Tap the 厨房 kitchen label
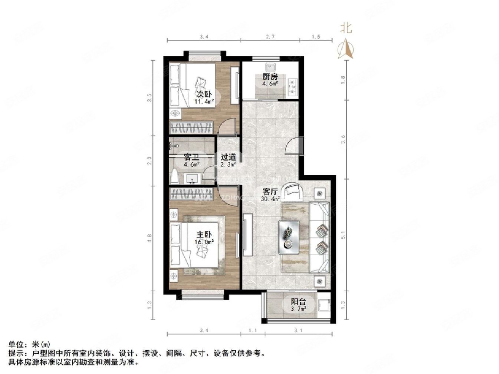click(270, 77)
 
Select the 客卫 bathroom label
click(192, 158)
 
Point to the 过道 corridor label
click(228, 158)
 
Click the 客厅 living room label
click(270, 192)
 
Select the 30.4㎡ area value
click(270, 199)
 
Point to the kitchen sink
click(270, 67)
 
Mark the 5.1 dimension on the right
click(343, 235)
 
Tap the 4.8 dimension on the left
click(150, 238)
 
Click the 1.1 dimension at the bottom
click(253, 330)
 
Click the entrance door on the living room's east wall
click(301, 145)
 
